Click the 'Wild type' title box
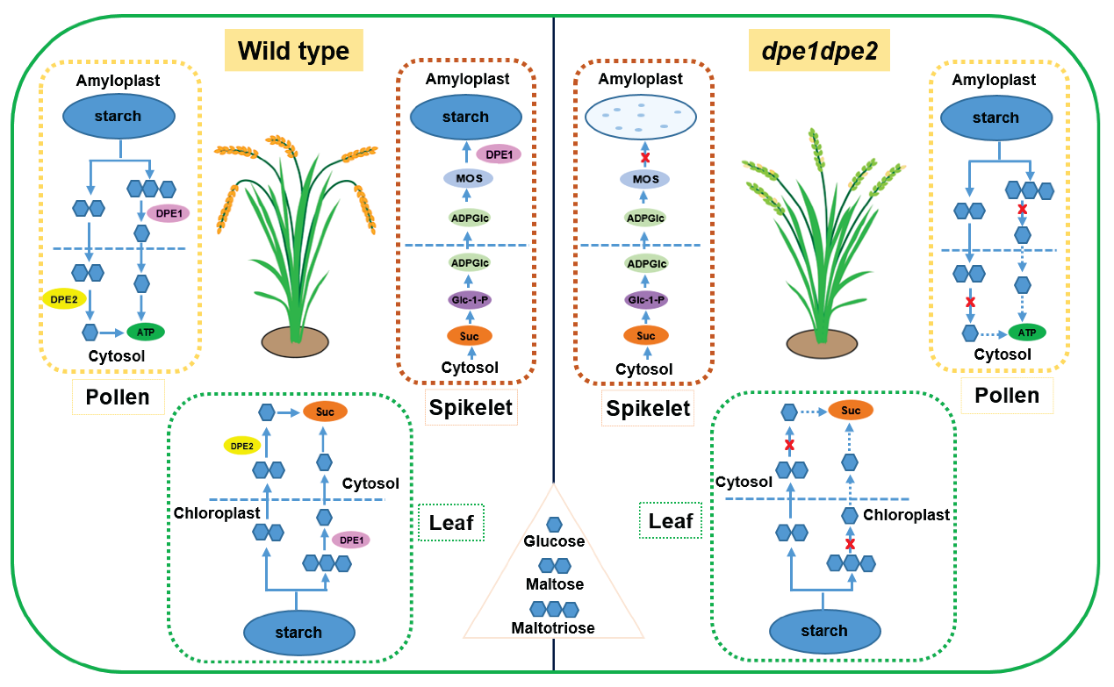tap(293, 50)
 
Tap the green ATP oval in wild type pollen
tap(146, 332)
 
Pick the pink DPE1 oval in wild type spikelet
tap(498, 154)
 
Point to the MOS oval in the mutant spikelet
tap(645, 180)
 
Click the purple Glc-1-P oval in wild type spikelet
tap(470, 299)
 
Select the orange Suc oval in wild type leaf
tap(325, 411)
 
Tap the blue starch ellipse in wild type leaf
tap(298, 632)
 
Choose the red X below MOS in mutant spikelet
tap(646, 156)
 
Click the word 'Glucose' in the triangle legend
tap(554, 542)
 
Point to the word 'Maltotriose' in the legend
tap(553, 627)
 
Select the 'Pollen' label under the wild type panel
tap(118, 397)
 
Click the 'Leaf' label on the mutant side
tap(671, 521)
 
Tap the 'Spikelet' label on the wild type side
tap(471, 407)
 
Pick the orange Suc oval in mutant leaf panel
tap(850, 411)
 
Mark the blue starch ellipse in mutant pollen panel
tap(995, 118)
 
